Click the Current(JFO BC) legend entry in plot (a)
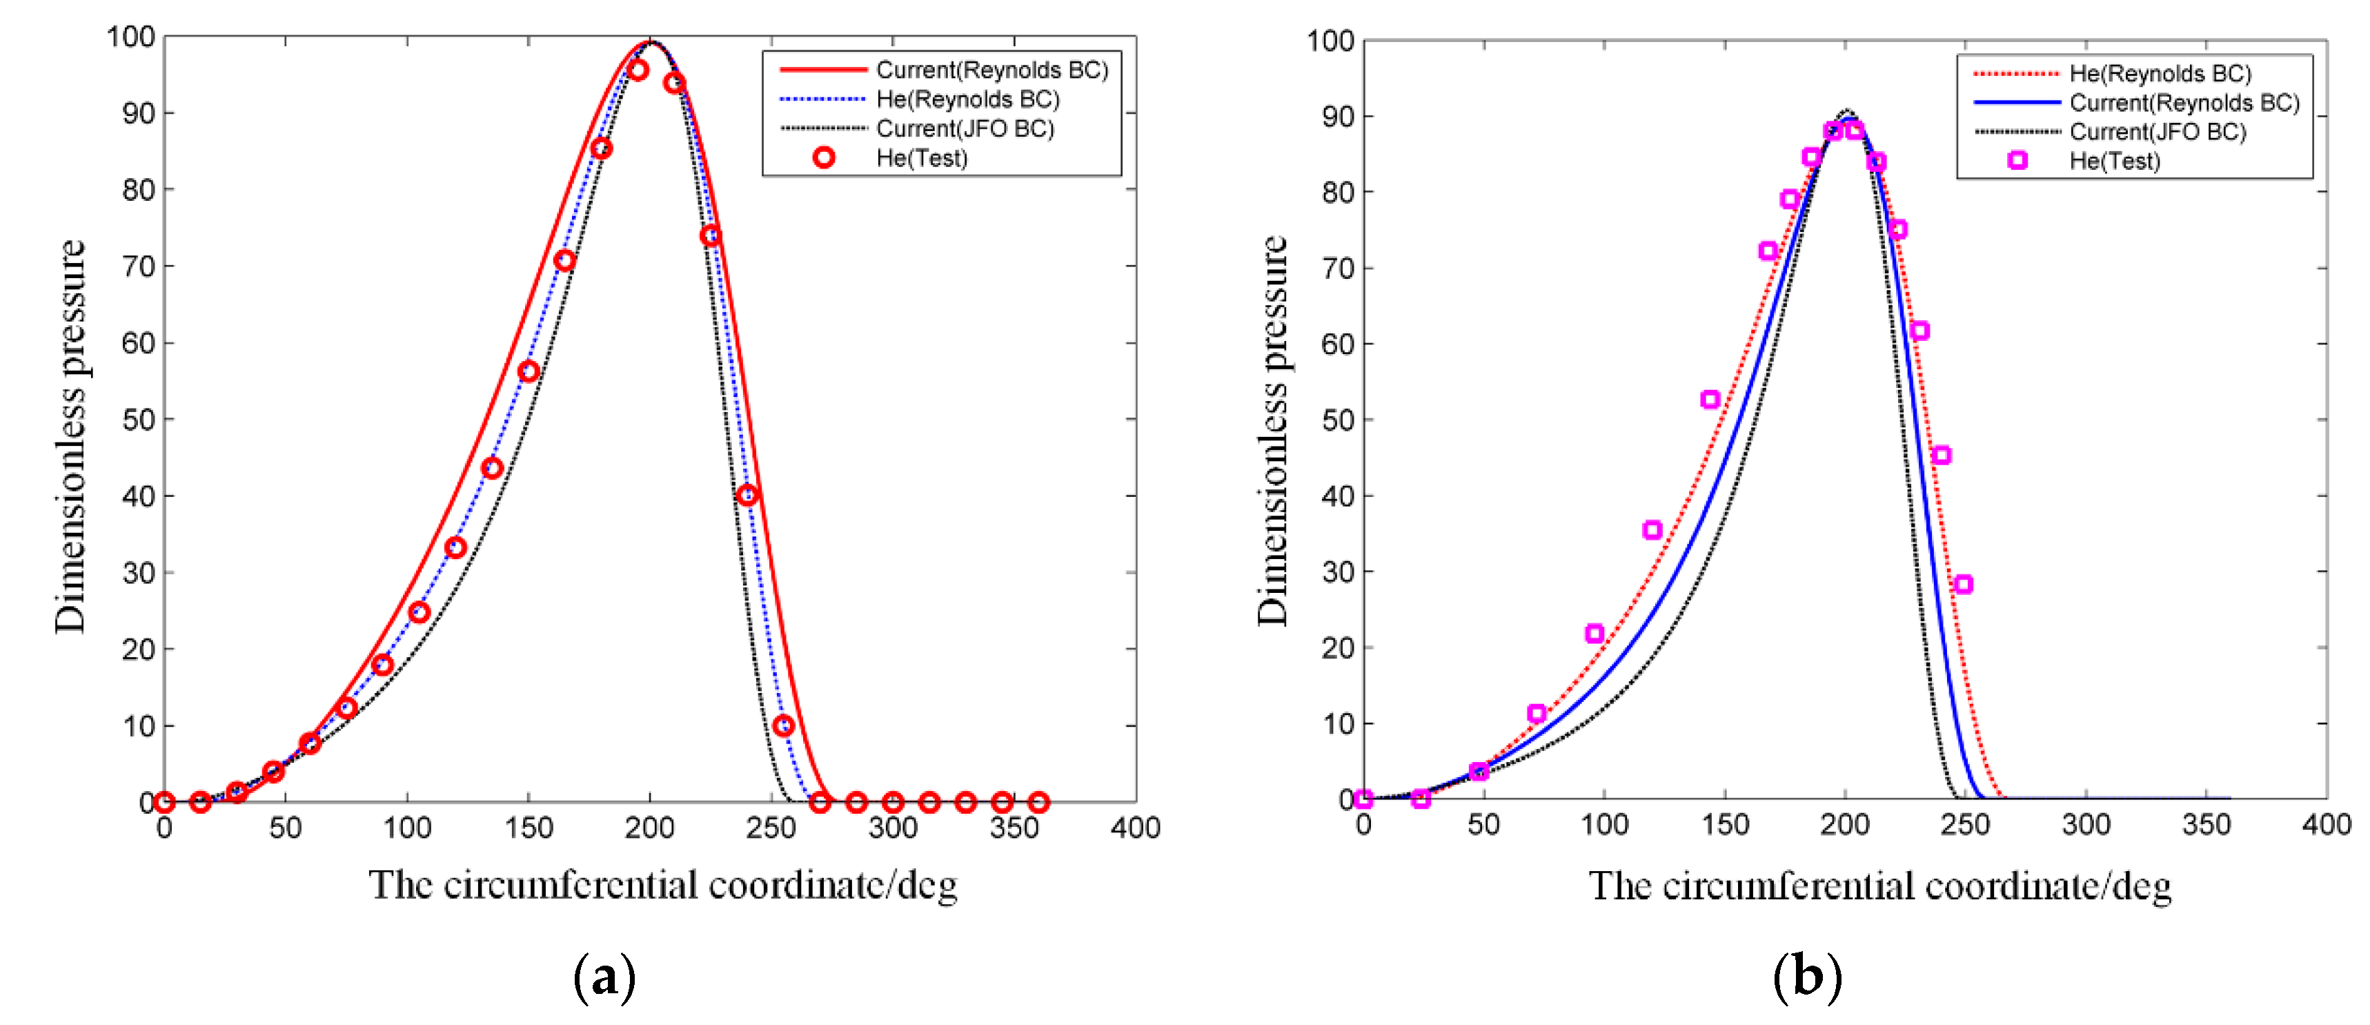click(x=964, y=129)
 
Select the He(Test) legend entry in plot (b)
click(x=2114, y=161)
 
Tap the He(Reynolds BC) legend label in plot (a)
click(x=967, y=99)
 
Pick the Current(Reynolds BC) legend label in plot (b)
click(x=2183, y=102)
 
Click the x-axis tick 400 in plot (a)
click(x=1134, y=828)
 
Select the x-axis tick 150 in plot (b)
click(x=1724, y=824)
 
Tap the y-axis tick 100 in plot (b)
click(x=1330, y=41)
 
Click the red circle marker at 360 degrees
click(x=1038, y=802)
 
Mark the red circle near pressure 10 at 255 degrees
click(x=783, y=726)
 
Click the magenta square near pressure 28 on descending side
click(x=1962, y=584)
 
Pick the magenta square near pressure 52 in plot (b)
click(x=1710, y=400)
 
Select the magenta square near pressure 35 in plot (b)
click(x=1652, y=530)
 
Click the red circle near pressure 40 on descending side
click(x=747, y=495)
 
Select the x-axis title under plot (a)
click(x=662, y=885)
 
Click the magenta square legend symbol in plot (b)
click(x=2017, y=161)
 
